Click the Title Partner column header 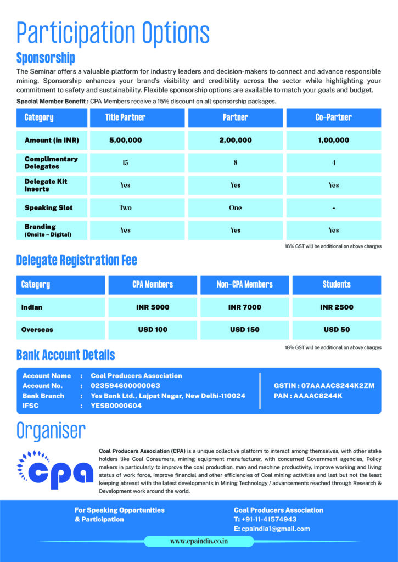click(x=125, y=117)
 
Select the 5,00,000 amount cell click(x=125, y=140)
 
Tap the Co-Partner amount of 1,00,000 click(x=333, y=140)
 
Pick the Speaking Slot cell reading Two click(x=125, y=208)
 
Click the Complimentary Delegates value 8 click(x=236, y=162)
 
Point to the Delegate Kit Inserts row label click(x=46, y=185)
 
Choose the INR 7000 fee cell click(x=244, y=307)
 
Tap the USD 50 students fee click(x=337, y=330)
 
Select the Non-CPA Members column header click(x=244, y=284)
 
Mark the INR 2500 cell click(x=337, y=307)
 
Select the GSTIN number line click(x=324, y=386)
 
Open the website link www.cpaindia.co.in click(x=199, y=541)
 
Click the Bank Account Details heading click(x=66, y=355)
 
